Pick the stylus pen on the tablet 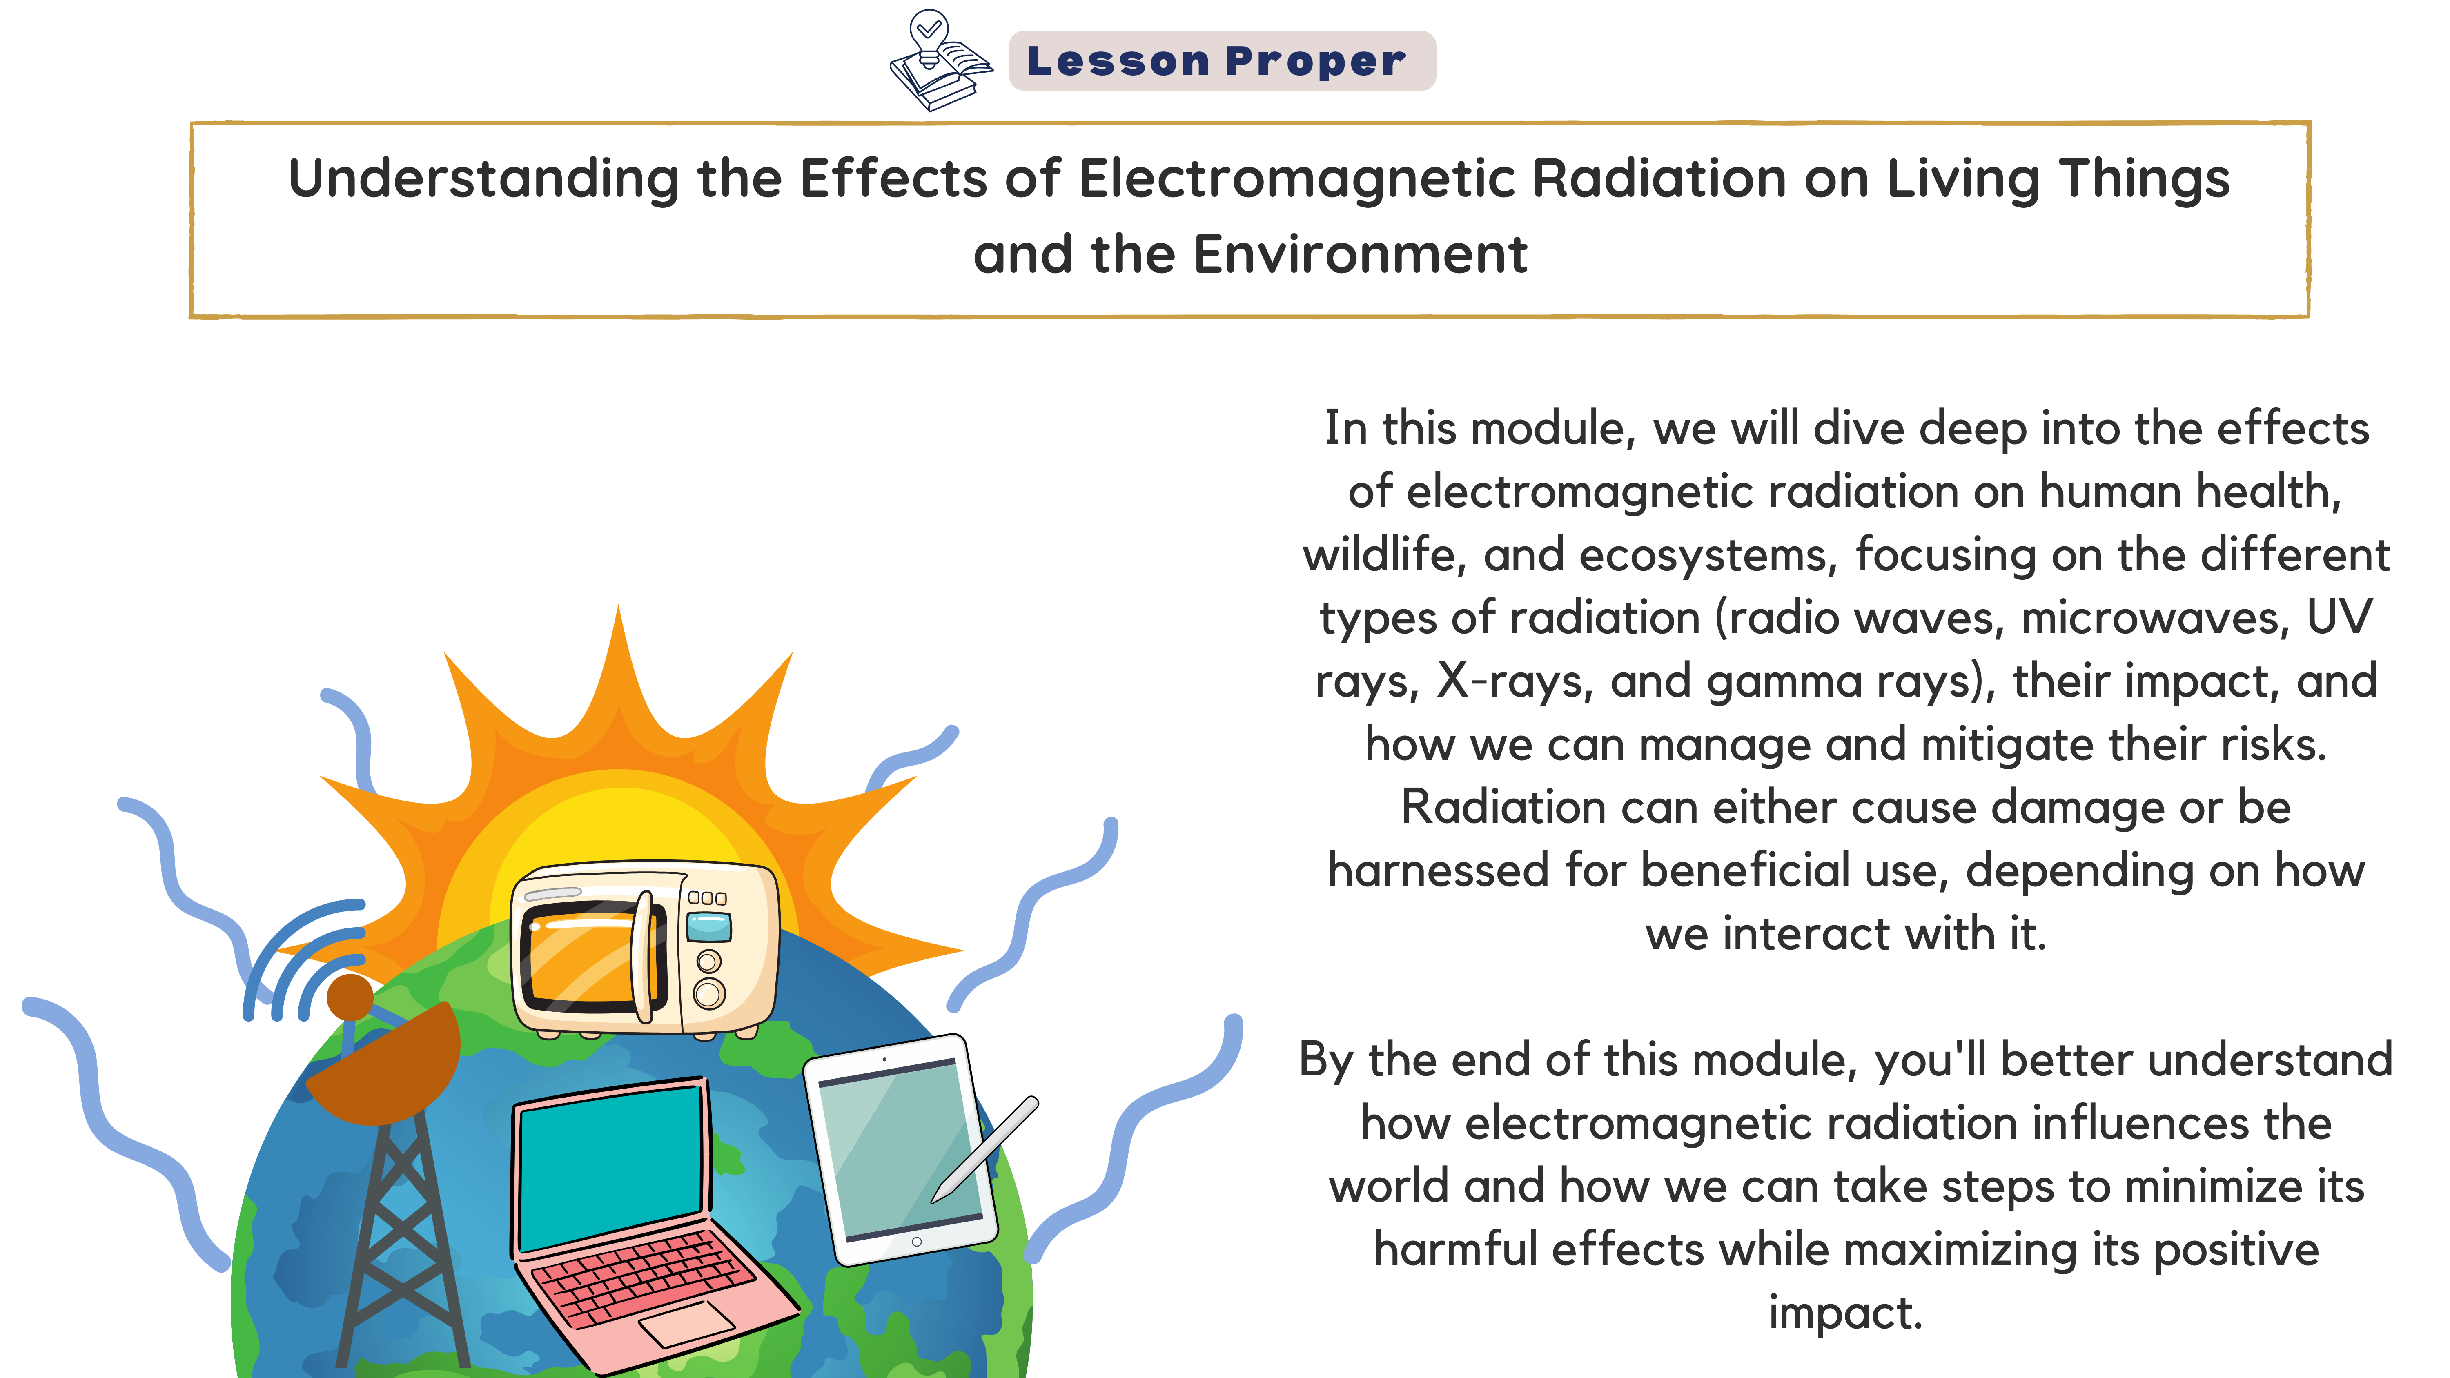[x=984, y=1149]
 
